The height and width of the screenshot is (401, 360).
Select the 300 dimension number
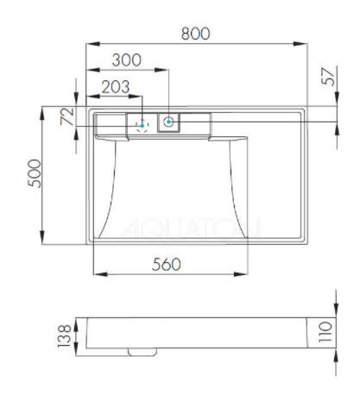point(127,61)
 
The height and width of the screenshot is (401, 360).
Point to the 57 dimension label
point(327,76)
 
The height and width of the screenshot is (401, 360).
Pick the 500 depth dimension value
point(31,177)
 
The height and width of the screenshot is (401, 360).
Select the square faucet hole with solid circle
point(168,122)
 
